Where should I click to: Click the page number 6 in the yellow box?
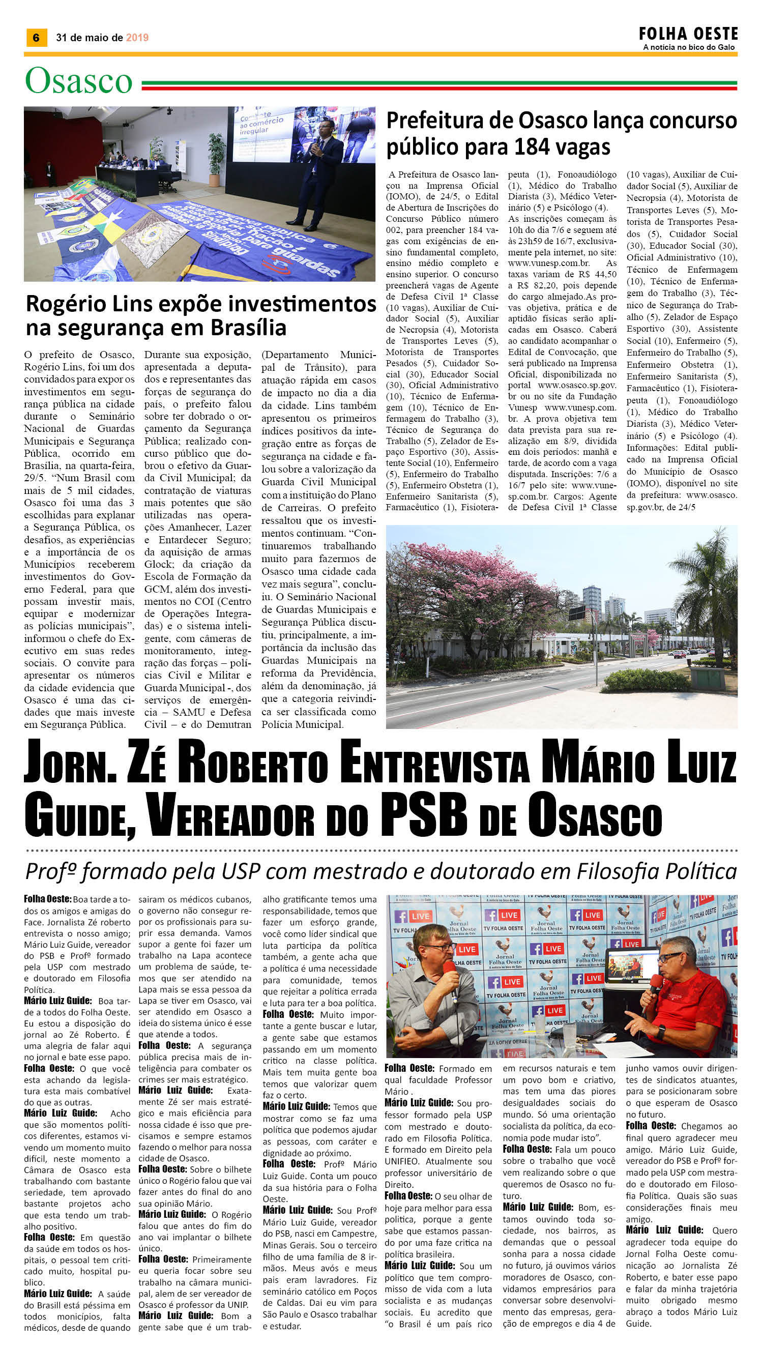(x=36, y=38)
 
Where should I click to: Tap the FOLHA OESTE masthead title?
(x=688, y=35)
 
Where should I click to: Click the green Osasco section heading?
(x=78, y=81)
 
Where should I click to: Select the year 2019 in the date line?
(x=137, y=38)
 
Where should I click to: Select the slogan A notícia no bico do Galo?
(x=689, y=48)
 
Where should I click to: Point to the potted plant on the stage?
(x=215, y=152)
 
